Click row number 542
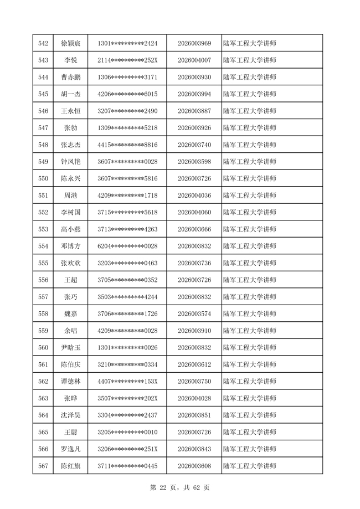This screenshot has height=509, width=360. click(x=43, y=43)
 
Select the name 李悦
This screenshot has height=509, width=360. click(x=71, y=60)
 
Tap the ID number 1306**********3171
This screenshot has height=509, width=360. click(x=127, y=77)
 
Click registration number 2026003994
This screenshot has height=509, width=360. click(x=194, y=94)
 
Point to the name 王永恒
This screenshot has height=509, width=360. click(x=71, y=111)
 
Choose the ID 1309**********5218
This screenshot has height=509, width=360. click(x=127, y=128)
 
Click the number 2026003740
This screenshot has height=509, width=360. click(x=194, y=145)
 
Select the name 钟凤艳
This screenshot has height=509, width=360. click(x=71, y=162)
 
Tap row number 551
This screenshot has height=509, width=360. click(x=43, y=196)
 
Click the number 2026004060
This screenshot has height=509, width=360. click(x=194, y=212)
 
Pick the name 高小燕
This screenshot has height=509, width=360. click(x=71, y=229)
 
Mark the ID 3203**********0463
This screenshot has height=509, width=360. click(x=127, y=263)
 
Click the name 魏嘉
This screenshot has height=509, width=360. click(x=71, y=314)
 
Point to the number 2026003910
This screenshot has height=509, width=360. click(x=194, y=331)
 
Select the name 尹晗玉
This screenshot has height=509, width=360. click(x=71, y=348)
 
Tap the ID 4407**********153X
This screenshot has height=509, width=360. click(x=127, y=382)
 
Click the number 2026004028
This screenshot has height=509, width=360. click(x=194, y=398)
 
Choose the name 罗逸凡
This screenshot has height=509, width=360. click(x=71, y=449)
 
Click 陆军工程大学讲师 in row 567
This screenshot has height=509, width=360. click(x=249, y=466)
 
